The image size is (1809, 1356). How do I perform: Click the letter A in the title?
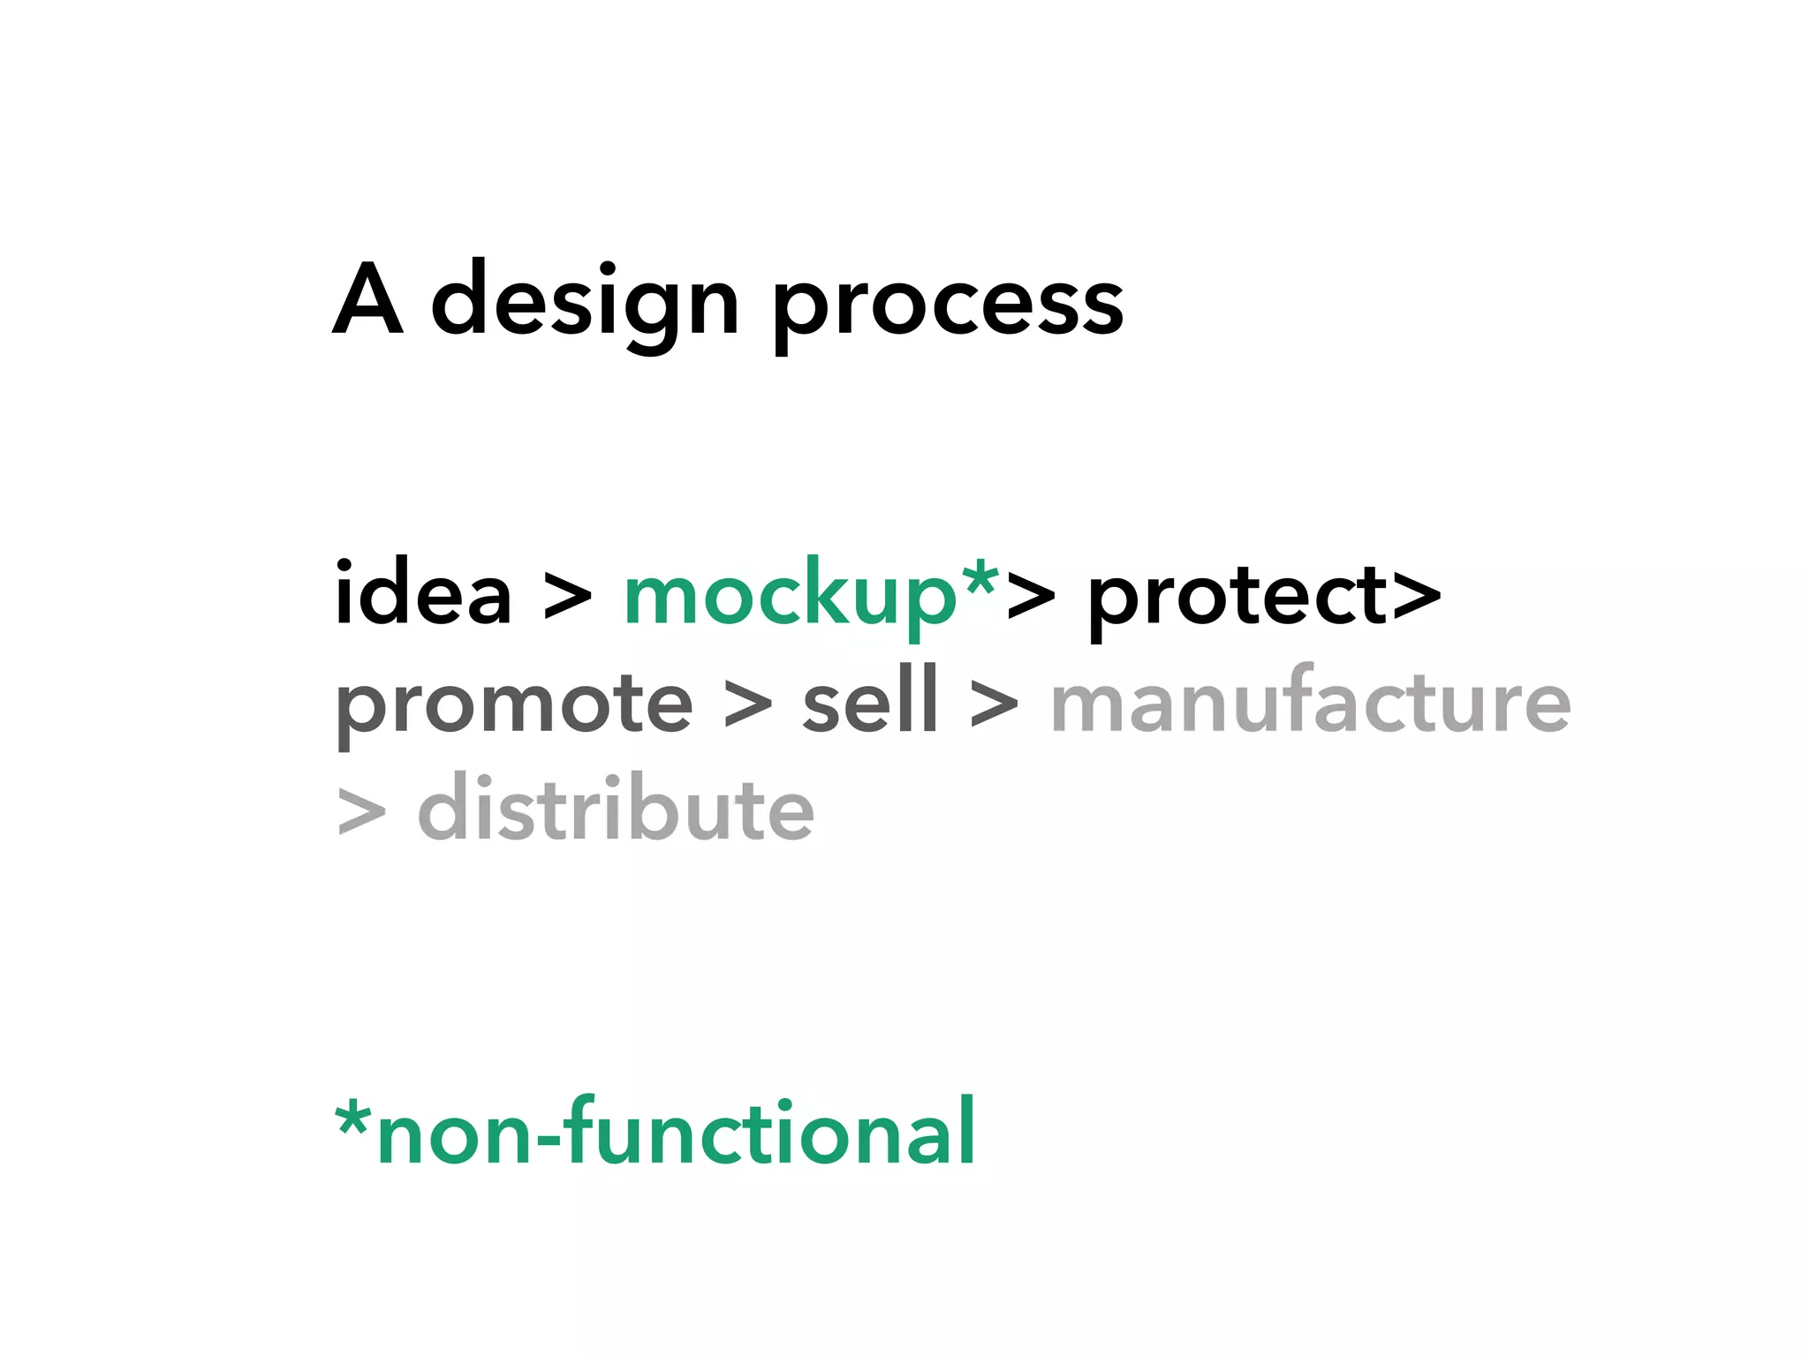(368, 300)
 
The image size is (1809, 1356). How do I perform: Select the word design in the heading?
(585, 305)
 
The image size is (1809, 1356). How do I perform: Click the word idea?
(423, 593)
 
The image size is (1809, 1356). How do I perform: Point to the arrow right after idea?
(567, 597)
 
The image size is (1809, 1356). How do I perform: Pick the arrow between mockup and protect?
(1031, 597)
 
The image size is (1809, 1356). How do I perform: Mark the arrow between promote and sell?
(748, 705)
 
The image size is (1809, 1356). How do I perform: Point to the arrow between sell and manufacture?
(994, 705)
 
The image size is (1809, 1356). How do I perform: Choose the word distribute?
(616, 808)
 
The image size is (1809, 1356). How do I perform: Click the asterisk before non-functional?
(353, 1119)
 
